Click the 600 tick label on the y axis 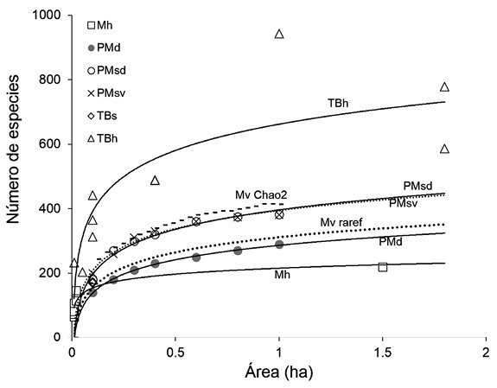click(54, 144)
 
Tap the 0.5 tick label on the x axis click(175, 353)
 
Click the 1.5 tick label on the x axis click(382, 353)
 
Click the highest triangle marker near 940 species click(279, 35)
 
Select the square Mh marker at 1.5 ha click(383, 267)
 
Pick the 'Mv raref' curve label click(340, 222)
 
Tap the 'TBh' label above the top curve click(338, 103)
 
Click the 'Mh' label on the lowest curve click(282, 274)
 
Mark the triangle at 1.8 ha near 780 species click(444, 87)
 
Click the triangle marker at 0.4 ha click(155, 181)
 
